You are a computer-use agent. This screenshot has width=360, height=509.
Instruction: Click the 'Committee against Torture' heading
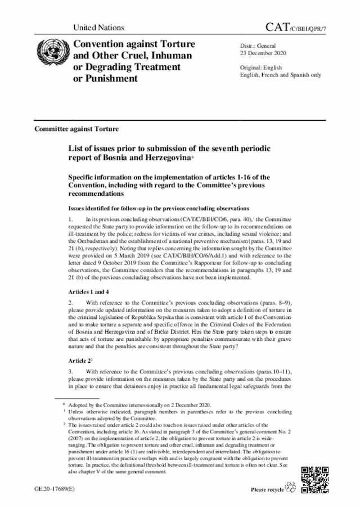[x=76, y=128]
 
